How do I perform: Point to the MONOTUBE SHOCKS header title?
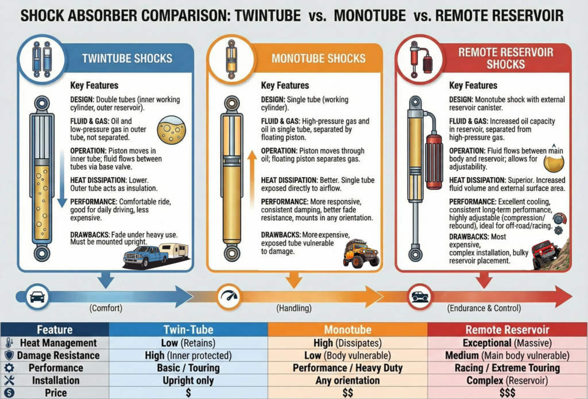pos(318,58)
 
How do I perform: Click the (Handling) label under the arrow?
pos(294,308)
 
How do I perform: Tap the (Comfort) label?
pos(106,308)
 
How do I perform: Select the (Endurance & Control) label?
pos(483,308)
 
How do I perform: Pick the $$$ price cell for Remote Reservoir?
pos(508,393)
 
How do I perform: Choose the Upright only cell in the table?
pos(188,380)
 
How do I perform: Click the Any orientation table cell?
pos(347,380)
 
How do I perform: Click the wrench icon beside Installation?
pos(9,380)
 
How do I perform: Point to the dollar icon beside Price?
pos(9,393)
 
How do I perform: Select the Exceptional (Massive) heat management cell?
pos(508,343)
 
